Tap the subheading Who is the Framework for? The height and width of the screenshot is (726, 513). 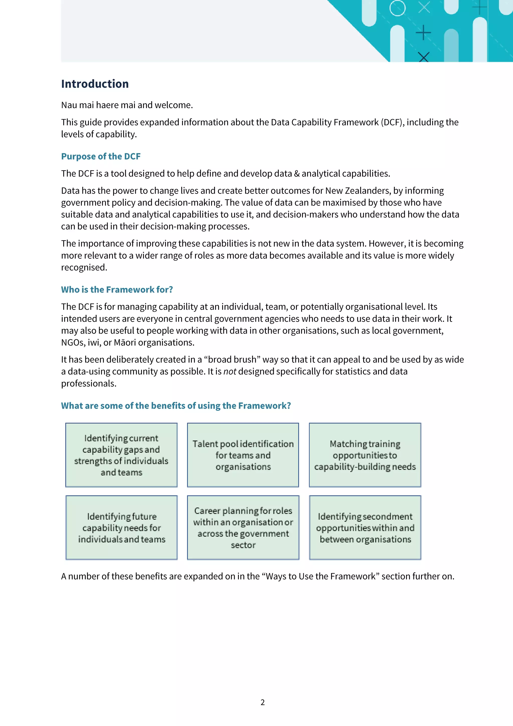pyautogui.click(x=117, y=290)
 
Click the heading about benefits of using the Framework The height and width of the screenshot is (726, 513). pyautogui.click(x=176, y=406)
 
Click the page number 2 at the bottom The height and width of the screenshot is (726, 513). pyautogui.click(x=262, y=702)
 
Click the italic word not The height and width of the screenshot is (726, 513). pyautogui.click(x=230, y=372)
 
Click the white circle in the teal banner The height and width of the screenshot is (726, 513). pyautogui.click(x=397, y=8)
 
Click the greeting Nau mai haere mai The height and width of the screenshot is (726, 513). pyautogui.click(x=99, y=105)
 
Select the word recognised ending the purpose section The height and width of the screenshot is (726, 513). pyautogui.click(x=83, y=268)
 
